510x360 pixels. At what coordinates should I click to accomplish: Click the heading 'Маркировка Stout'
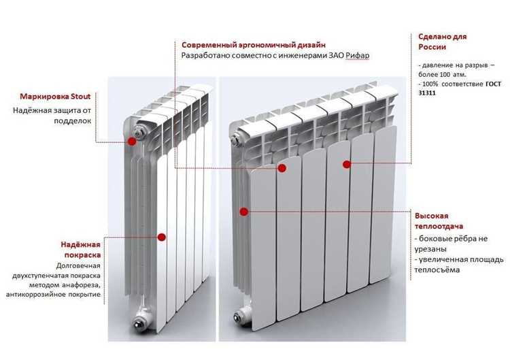tap(55, 97)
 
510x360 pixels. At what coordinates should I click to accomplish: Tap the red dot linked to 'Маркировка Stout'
tap(132, 142)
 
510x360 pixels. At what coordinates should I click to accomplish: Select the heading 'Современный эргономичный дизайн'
tap(254, 45)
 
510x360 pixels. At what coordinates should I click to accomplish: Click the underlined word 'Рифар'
tap(357, 55)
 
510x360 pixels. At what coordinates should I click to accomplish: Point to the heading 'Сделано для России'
tap(443, 42)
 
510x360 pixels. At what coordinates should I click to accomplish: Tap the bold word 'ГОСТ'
tap(494, 84)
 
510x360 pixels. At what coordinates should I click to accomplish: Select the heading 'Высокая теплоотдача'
tap(439, 221)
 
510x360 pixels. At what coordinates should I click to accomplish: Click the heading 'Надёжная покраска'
tap(81, 250)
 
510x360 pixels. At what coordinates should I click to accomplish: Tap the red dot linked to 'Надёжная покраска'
tap(162, 237)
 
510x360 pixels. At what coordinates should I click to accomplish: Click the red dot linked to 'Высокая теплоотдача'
tap(244, 212)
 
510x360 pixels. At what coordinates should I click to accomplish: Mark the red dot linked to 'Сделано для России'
tap(347, 165)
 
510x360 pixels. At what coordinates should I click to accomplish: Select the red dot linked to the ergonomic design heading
tap(282, 168)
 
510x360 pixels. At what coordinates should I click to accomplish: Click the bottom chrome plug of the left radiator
tap(139, 324)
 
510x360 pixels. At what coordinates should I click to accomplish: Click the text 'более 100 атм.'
tap(443, 75)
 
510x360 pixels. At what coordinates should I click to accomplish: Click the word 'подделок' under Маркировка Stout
tap(73, 120)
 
